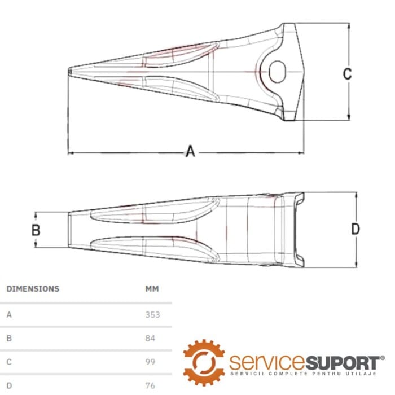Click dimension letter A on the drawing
(191, 151)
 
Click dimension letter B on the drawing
(36, 230)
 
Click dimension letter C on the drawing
(348, 73)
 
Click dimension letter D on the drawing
(355, 229)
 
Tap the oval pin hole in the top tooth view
(277, 72)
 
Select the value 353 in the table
(152, 315)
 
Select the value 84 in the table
(150, 338)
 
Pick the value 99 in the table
(150, 362)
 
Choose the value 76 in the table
(150, 385)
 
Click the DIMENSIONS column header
(33, 289)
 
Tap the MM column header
(152, 289)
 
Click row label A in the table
(9, 315)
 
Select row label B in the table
(9, 338)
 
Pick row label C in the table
(9, 362)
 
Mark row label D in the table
(9, 385)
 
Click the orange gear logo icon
(204, 362)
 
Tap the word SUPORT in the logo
(343, 363)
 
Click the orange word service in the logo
(267, 362)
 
